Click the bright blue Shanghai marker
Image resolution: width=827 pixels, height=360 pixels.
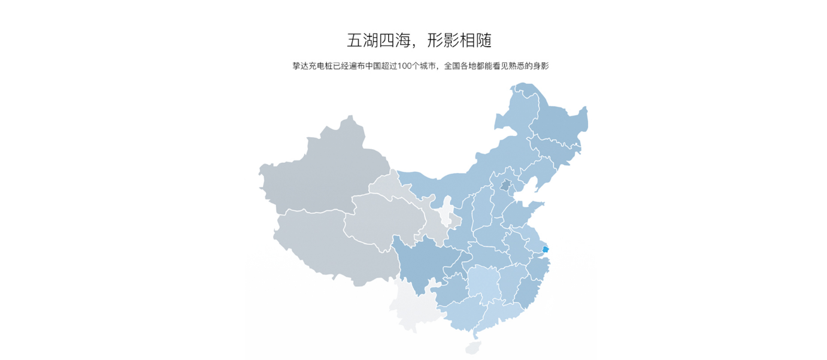coord(545,249)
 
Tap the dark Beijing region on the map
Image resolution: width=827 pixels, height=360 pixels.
coord(506,186)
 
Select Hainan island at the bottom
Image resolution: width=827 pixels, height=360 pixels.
coord(473,347)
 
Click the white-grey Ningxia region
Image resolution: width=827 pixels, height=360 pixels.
coord(446,216)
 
